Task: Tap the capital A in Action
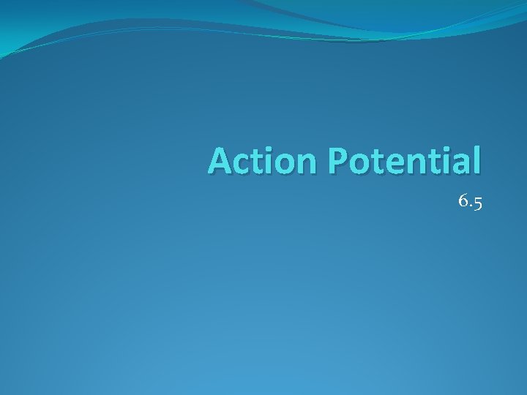pos(220,161)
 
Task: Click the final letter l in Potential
pos(475,160)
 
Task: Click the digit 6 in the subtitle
pos(463,200)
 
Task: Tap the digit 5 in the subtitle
pos(477,203)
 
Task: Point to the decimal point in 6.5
pos(470,206)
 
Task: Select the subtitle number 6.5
pos(470,201)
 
